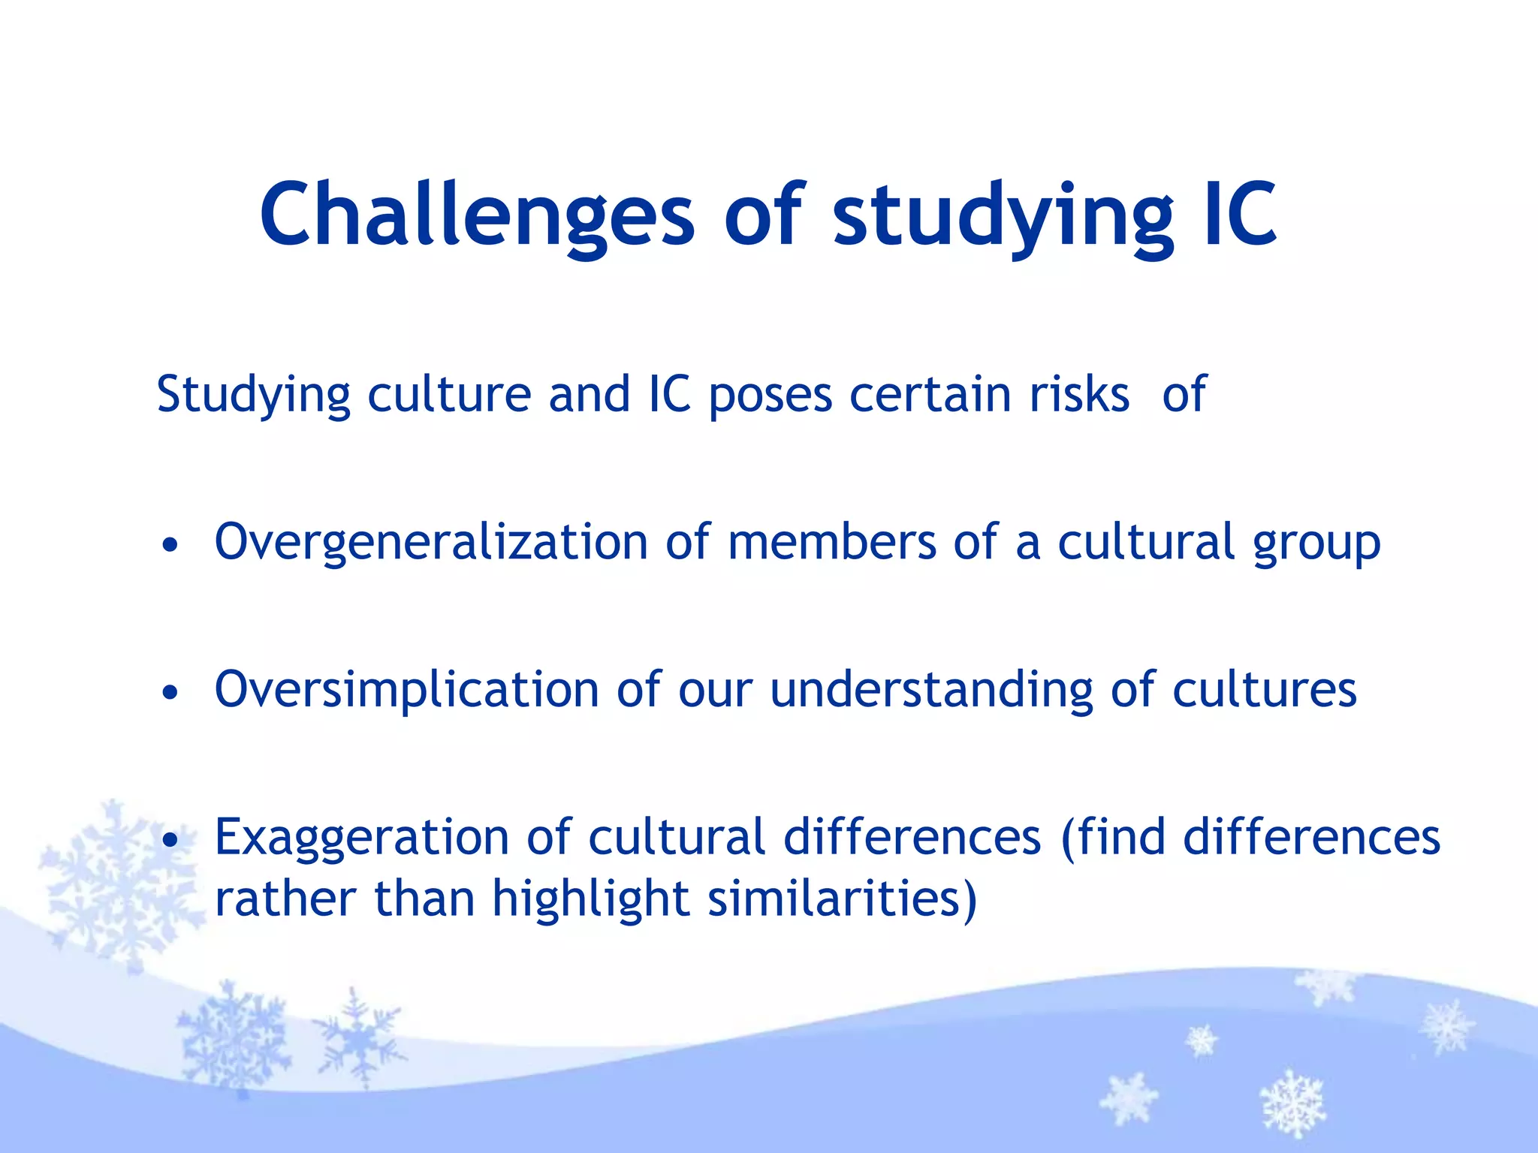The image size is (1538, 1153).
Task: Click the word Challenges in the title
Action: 477,215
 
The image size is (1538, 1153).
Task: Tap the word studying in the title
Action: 1003,218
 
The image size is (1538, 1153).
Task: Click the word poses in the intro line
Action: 771,396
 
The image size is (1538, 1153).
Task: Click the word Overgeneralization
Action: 431,543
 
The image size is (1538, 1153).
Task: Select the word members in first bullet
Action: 832,541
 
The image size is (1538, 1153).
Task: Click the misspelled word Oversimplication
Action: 406,691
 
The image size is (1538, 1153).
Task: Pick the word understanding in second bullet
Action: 931,691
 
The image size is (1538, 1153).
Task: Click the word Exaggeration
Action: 362,838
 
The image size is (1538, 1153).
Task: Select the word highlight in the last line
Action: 591,899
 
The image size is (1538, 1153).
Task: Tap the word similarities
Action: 842,899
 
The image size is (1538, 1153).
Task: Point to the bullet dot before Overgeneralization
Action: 171,546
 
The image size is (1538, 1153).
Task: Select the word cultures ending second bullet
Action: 1265,690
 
